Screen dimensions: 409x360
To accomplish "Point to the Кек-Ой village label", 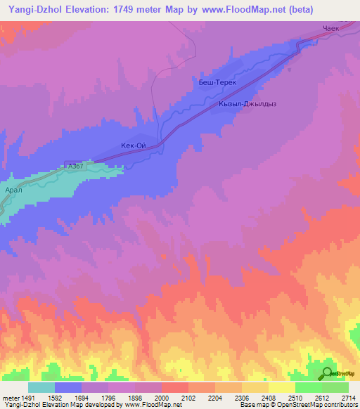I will pos(134,146).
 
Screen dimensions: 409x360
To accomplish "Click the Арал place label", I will pos(14,190).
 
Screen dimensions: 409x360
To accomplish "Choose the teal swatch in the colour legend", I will pos(41,387).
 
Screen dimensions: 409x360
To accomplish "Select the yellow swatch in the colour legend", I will pos(281,387).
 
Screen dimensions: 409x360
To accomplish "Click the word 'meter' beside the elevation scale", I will pos(9,397).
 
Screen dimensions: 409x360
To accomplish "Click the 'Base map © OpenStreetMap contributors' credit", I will pos(297,405).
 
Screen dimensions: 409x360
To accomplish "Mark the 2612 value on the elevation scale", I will pos(322,397).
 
